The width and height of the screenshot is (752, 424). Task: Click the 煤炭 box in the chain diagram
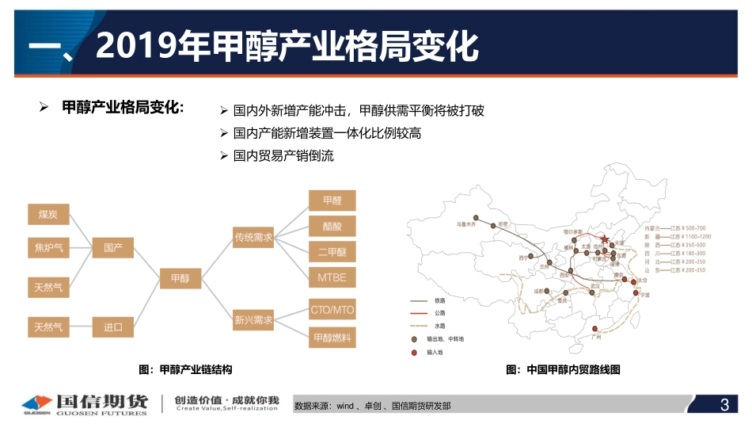pyautogui.click(x=48, y=215)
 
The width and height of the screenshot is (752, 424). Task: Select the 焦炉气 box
pyautogui.click(x=48, y=247)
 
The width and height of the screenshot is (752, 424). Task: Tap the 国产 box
pyautogui.click(x=113, y=247)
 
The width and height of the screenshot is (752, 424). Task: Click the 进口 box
pyautogui.click(x=113, y=326)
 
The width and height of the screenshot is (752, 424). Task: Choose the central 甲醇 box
pyautogui.click(x=180, y=278)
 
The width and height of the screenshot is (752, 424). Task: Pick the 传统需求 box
pyautogui.click(x=253, y=236)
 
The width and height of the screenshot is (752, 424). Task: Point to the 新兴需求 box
pyautogui.click(x=253, y=320)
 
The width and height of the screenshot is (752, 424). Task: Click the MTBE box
pyautogui.click(x=332, y=277)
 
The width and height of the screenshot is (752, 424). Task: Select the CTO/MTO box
pyautogui.click(x=332, y=309)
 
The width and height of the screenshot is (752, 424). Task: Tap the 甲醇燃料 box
pyautogui.click(x=332, y=338)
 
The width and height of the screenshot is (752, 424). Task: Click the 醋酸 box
pyautogui.click(x=332, y=226)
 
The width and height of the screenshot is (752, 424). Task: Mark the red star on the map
pyautogui.click(x=604, y=239)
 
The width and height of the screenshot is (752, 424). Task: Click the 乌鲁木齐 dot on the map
pyautogui.click(x=475, y=217)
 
